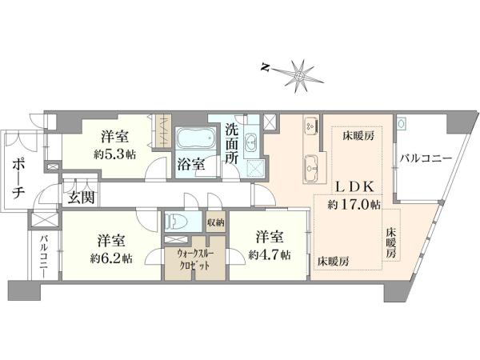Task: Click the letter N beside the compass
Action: tap(265, 68)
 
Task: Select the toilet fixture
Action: tap(173, 222)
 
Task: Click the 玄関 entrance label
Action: tap(81, 198)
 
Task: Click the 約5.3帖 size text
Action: tap(114, 154)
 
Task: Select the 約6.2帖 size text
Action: tap(111, 259)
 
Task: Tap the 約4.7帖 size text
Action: tap(270, 254)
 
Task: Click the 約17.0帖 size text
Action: tap(354, 204)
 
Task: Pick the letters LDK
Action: tap(354, 186)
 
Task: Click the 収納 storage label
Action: tap(216, 222)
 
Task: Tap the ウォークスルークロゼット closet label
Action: tap(194, 259)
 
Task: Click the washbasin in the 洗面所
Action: tap(252, 142)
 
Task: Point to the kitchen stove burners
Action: tap(310, 126)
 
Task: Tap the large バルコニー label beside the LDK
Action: tap(426, 158)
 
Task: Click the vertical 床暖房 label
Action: tap(391, 242)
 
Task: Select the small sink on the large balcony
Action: tap(402, 123)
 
